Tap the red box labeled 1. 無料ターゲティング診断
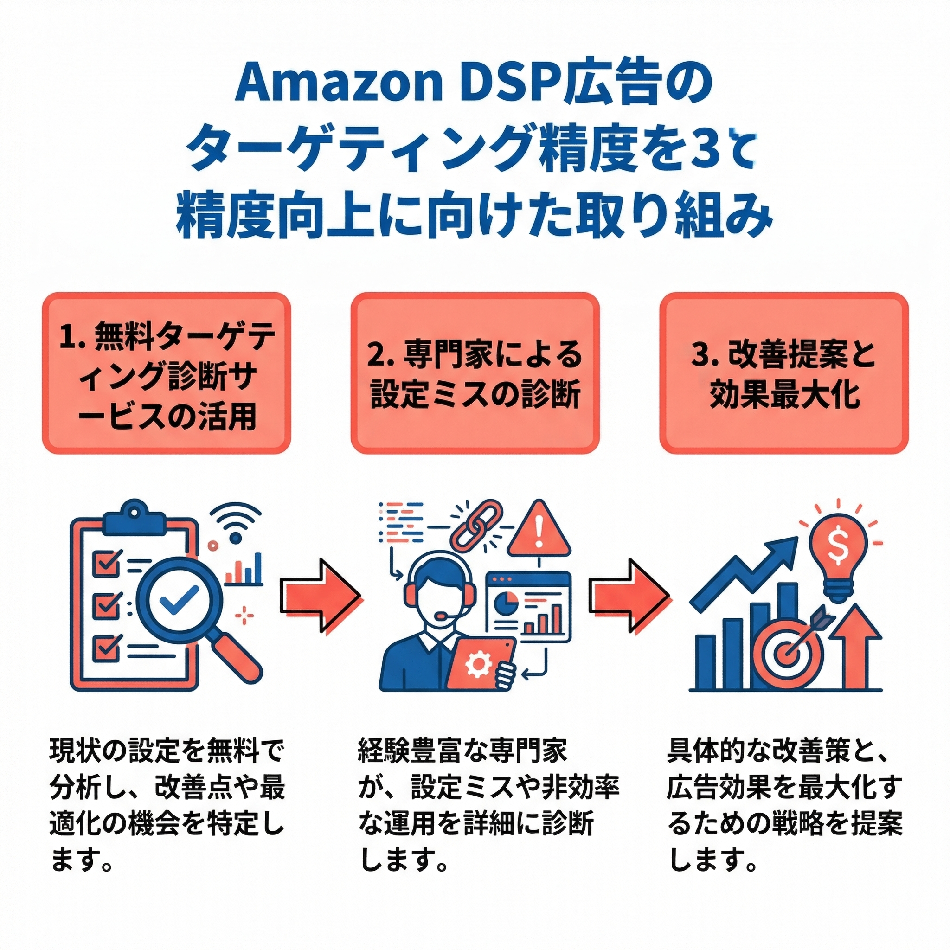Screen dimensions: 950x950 coord(166,373)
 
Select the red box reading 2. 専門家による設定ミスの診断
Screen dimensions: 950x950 coord(475,373)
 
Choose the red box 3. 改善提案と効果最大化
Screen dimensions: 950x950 coord(783,373)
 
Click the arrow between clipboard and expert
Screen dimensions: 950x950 coord(320,595)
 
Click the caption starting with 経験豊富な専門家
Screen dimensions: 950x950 coord(487,811)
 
